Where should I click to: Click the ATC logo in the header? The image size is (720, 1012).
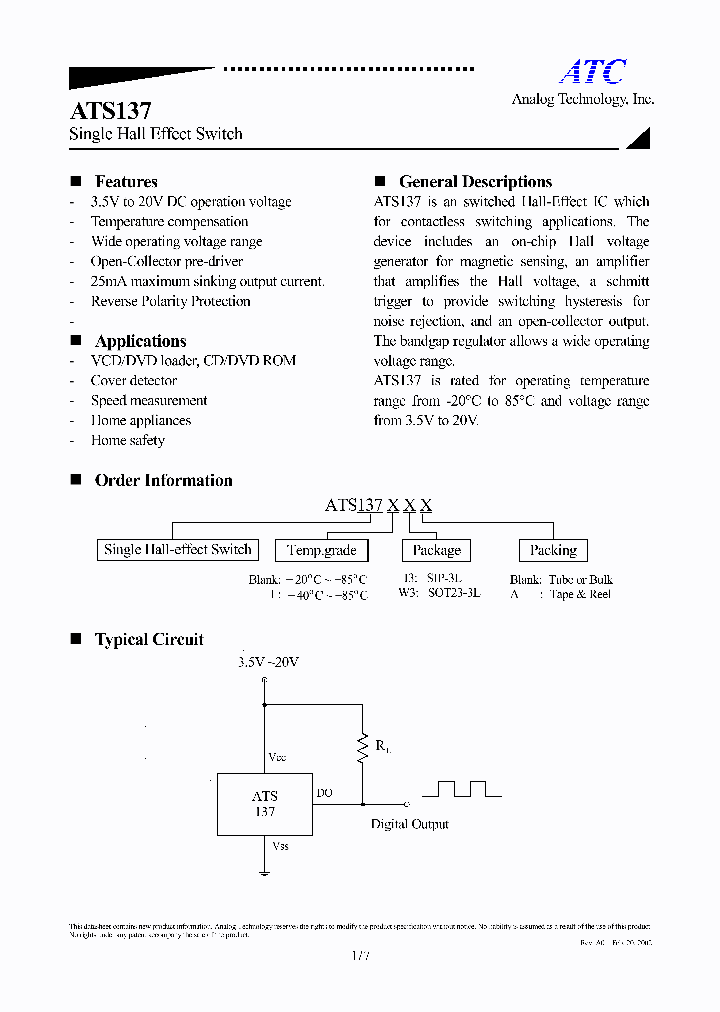[592, 72]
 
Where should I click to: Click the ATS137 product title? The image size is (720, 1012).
[110, 111]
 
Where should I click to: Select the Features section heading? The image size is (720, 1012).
[126, 182]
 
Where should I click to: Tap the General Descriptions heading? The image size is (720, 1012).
[475, 182]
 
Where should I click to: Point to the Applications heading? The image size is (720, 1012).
[140, 341]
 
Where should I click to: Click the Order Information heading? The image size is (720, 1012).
[163, 480]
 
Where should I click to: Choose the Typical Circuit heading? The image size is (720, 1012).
[149, 640]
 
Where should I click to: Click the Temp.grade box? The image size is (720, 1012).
[322, 550]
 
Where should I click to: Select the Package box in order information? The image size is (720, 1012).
[436, 550]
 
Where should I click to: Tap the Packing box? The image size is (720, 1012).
[553, 550]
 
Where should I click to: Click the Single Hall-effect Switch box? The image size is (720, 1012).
[178, 549]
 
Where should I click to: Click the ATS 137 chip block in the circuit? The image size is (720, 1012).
[264, 804]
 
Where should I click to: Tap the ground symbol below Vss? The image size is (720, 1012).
[265, 873]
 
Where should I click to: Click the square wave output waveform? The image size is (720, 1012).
[461, 789]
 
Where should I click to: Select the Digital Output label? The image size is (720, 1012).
[409, 824]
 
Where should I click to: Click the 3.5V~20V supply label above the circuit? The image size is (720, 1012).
[268, 662]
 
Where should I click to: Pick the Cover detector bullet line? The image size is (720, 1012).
[134, 381]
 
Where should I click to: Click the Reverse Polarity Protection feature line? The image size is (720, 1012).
[170, 301]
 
